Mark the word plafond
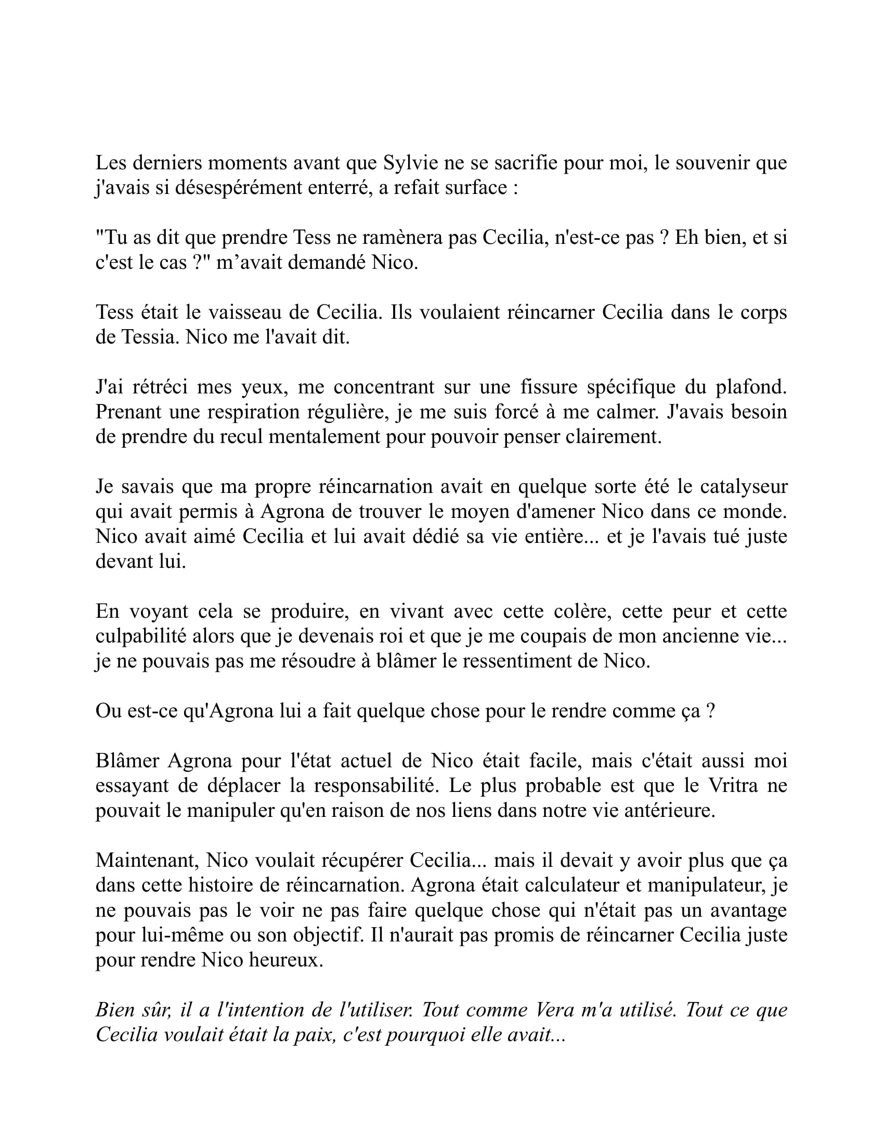753,387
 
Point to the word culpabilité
141,636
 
